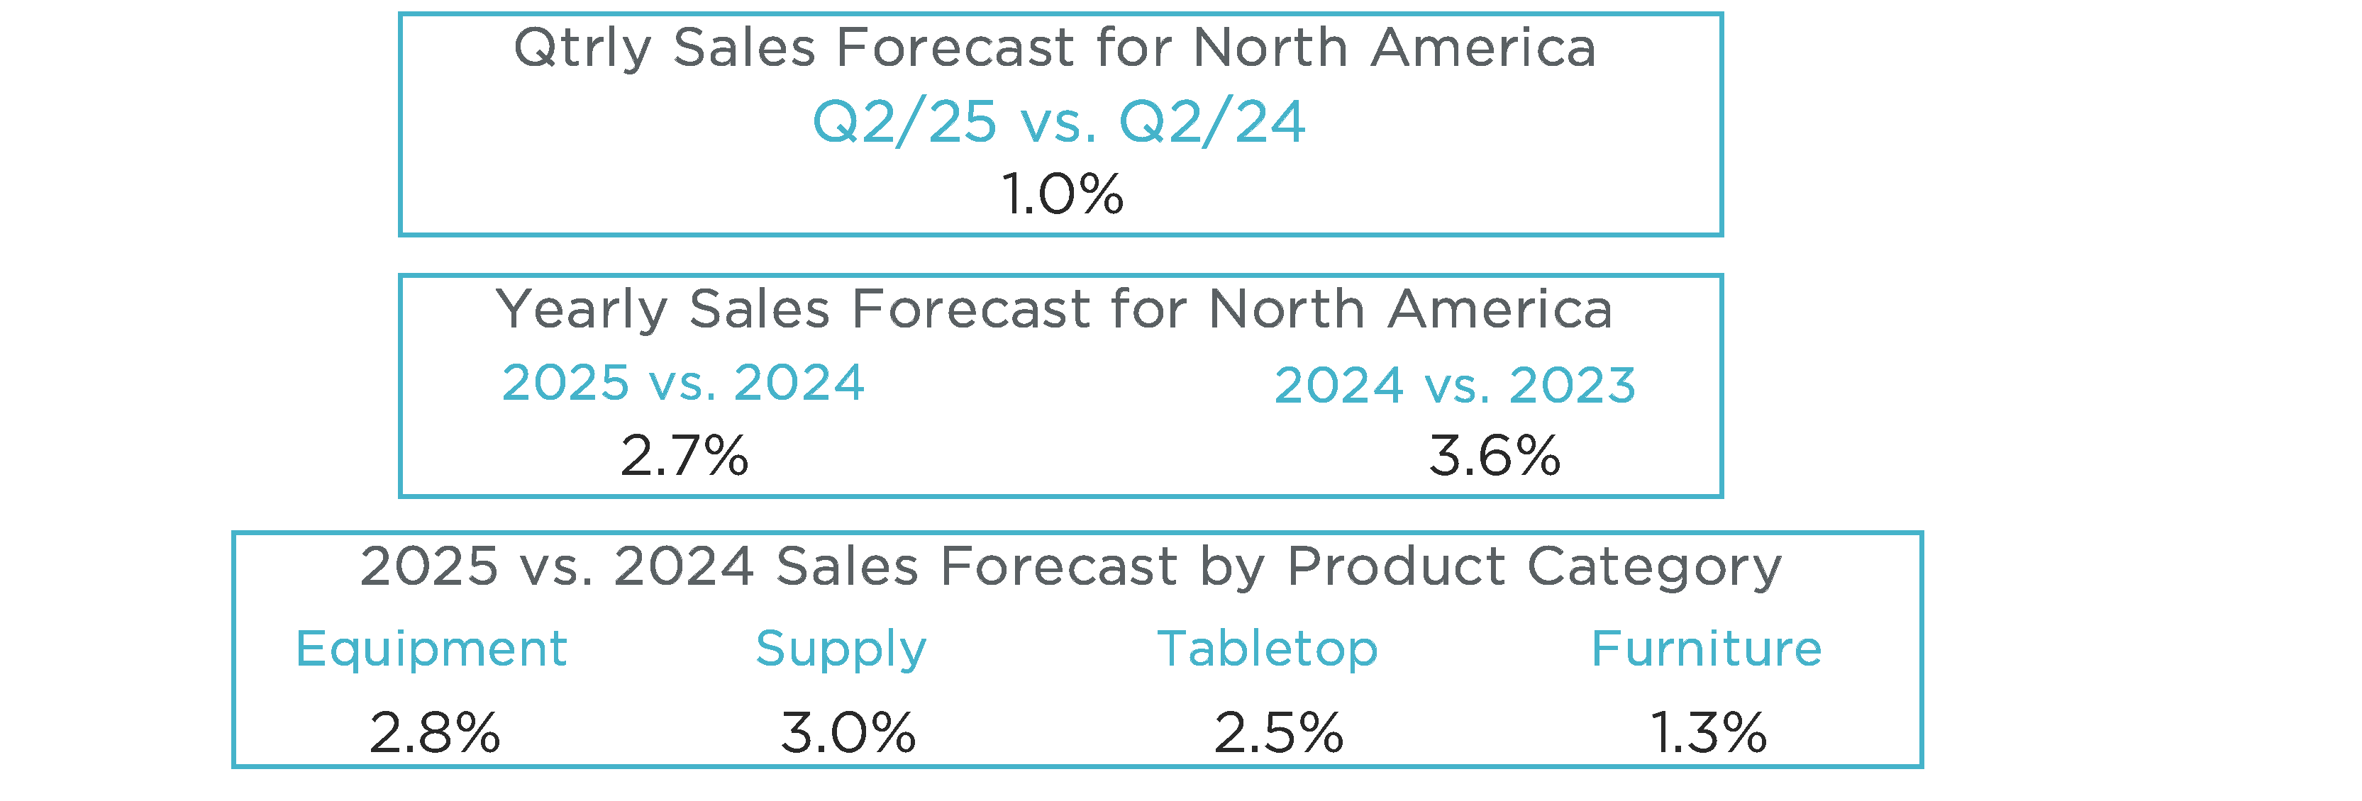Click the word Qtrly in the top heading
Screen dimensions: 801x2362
coord(582,47)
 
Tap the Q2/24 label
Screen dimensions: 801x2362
coord(1212,122)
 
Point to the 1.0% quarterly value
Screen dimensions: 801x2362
coord(1062,194)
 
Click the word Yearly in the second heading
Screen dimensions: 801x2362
coord(582,310)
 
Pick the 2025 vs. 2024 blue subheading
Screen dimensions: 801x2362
coord(683,382)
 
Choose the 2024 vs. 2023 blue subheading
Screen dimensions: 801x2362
coord(1456,385)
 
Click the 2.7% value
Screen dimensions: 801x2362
coord(684,456)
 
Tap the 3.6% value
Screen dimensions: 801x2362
coord(1494,456)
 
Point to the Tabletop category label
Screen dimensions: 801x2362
coord(1268,649)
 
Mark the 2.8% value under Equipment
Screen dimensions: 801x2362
coord(435,733)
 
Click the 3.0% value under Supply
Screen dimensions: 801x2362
coord(848,733)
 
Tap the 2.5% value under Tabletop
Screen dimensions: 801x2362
coord(1278,733)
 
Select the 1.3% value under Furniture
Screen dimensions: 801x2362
coord(1708,733)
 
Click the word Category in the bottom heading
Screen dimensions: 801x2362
coord(1654,567)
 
